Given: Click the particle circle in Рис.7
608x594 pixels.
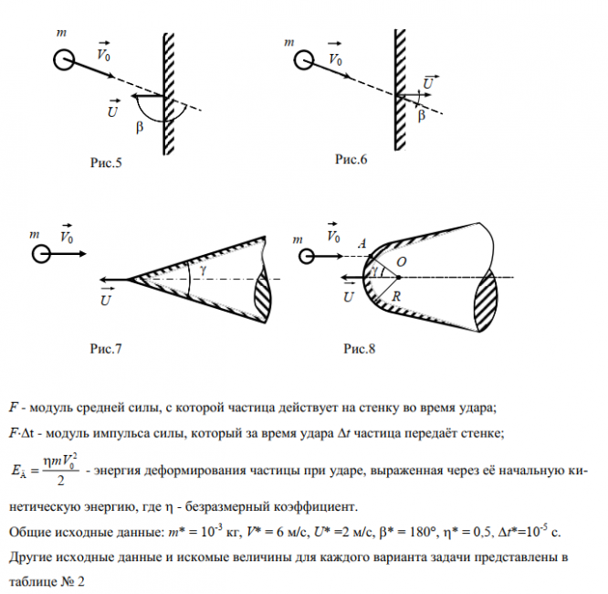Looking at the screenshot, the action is (40, 252).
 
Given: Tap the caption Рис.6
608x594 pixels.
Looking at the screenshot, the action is (351, 160).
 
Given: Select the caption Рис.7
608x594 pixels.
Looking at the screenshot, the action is (105, 349).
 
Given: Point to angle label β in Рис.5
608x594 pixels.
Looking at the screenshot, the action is (140, 128).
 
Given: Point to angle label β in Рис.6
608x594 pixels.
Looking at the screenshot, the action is (421, 116).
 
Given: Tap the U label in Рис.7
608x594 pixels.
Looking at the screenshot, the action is (106, 297).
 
